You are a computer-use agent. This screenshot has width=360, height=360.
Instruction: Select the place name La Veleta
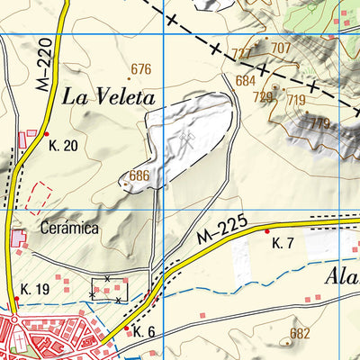[110, 97]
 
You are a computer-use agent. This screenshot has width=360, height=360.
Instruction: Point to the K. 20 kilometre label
[64, 146]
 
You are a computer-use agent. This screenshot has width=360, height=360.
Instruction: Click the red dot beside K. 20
[46, 134]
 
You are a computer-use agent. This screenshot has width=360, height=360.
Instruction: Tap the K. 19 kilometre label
[34, 289]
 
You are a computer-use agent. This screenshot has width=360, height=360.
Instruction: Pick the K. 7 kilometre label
[283, 243]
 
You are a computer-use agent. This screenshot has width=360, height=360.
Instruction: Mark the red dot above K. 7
[267, 231]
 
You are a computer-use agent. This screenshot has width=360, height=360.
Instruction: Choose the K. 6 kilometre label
[144, 332]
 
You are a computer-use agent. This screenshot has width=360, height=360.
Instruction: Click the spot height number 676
[140, 69]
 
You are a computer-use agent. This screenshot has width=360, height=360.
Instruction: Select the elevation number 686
[139, 175]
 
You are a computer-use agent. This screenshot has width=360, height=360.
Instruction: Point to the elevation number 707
[281, 48]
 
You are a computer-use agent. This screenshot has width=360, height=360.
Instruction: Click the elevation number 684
[246, 80]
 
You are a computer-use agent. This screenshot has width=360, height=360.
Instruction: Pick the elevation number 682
[300, 333]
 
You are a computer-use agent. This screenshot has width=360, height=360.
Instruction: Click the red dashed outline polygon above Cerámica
[38, 194]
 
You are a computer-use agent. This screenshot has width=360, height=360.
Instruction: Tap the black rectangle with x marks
[109, 289]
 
